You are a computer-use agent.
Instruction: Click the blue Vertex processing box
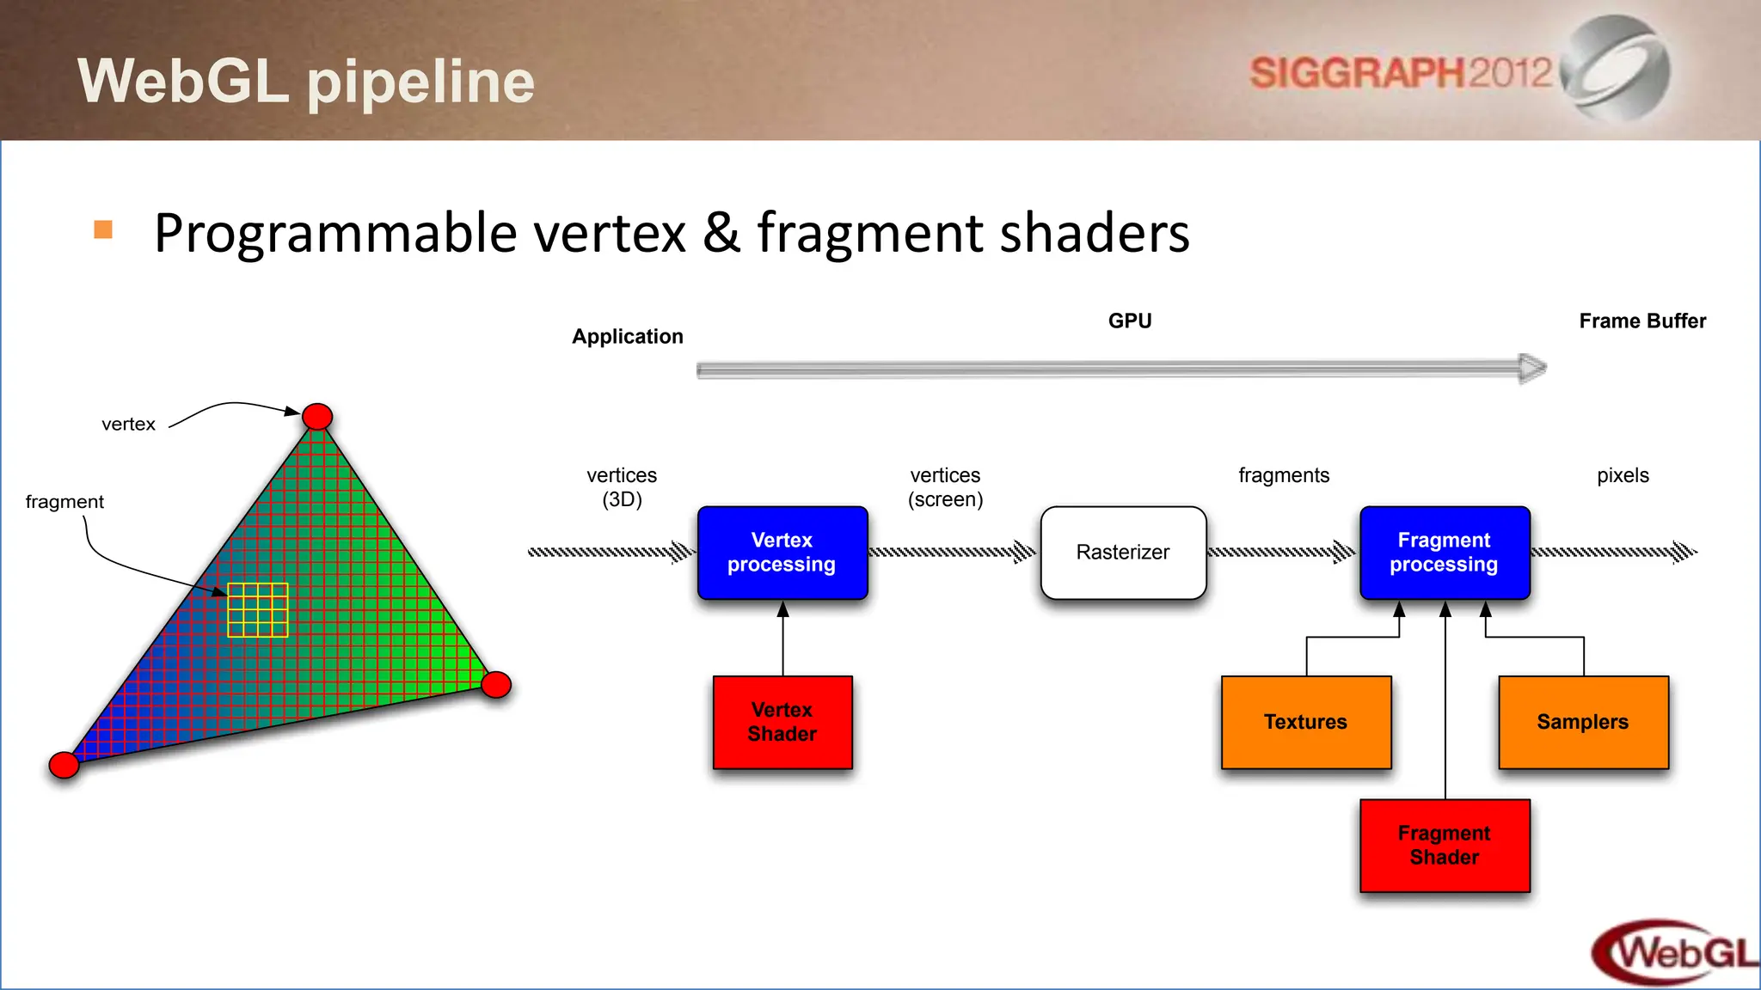[782, 553]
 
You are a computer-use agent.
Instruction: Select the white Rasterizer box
[1123, 553]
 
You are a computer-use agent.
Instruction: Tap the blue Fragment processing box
[1445, 553]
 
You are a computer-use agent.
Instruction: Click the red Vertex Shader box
[782, 722]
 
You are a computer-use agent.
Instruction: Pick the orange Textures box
[1306, 722]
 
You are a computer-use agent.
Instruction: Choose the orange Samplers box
[1583, 722]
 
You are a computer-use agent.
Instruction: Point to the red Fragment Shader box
[1445, 846]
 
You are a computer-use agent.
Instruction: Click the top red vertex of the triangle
[317, 417]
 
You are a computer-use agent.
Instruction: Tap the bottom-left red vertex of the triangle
[64, 764]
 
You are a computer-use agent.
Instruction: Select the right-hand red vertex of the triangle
[496, 685]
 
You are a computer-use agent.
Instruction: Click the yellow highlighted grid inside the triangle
[258, 610]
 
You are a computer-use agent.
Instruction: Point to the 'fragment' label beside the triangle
[64, 502]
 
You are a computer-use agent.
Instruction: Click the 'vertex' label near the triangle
[128, 425]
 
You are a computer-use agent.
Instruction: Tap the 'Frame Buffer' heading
[1642, 321]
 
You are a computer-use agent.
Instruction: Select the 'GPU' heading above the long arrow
[1130, 321]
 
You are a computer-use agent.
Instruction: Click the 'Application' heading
[628, 337]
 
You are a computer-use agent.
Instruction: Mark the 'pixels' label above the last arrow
[1623, 475]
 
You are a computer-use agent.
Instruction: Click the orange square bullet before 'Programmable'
[103, 229]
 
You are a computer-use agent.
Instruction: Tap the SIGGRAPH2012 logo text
[1400, 73]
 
